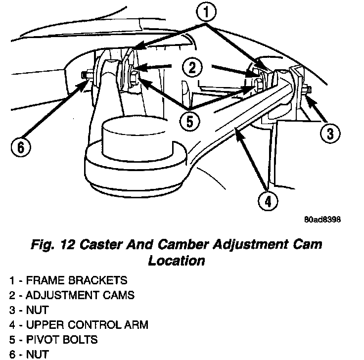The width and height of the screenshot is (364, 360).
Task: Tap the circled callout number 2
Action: pyautogui.click(x=191, y=68)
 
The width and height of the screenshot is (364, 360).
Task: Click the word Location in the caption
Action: pyautogui.click(x=176, y=260)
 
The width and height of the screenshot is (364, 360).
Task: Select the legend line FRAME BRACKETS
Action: pyautogui.click(x=68, y=280)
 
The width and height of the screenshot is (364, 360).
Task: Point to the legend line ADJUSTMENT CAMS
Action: pyautogui.click(x=72, y=295)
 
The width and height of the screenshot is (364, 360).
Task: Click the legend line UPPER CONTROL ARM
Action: pyautogui.click(x=79, y=325)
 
